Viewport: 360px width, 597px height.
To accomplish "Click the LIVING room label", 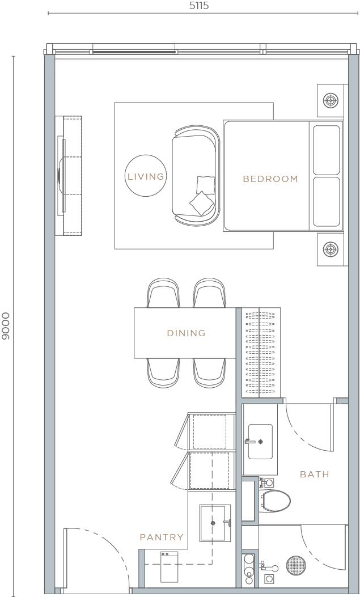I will point(146,177).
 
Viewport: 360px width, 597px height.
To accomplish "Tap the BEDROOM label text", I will point(270,179).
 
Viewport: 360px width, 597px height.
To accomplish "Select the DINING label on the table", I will point(186,333).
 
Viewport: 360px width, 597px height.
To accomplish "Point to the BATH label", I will point(315,474).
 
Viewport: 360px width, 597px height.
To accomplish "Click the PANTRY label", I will point(162,537).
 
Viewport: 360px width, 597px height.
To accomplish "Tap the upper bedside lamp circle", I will point(331,101).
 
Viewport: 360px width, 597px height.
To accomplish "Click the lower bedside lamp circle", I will point(331,249).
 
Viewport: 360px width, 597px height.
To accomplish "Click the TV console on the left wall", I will point(69,176).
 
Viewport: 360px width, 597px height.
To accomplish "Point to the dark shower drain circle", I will point(296,566).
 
